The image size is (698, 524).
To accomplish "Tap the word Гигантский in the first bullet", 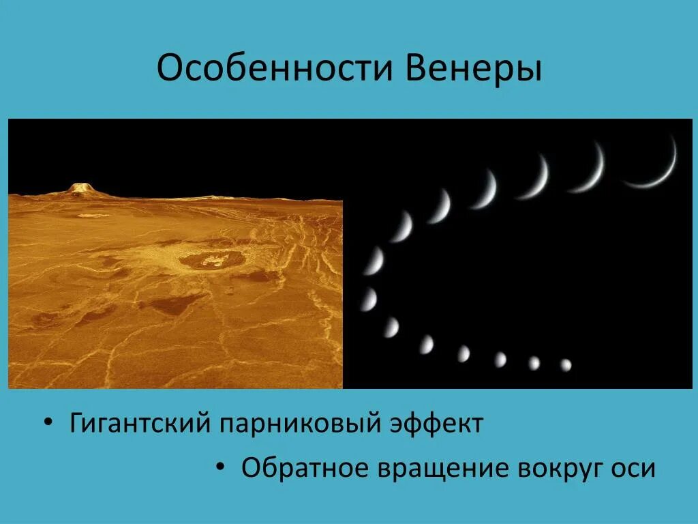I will coord(139,424).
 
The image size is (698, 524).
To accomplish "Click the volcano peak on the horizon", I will coord(80,188).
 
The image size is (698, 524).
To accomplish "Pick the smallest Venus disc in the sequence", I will coord(566,365).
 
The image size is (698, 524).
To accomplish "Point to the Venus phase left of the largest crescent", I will coord(589,169).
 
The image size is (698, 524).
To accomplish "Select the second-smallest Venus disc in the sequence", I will coord(534,363).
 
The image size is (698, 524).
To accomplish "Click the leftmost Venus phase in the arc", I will coord(368,299).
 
